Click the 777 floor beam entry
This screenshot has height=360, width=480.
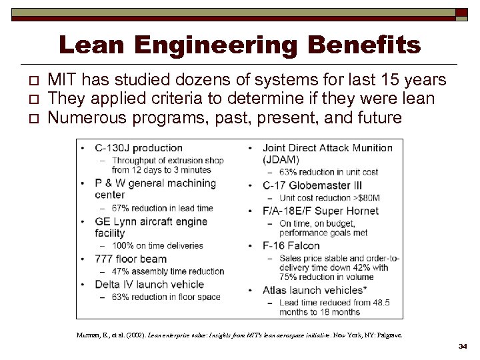pyautogui.click(x=131, y=259)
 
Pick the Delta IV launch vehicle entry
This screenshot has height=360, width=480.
pyautogui.click(x=149, y=284)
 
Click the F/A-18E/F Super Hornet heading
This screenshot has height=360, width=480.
pyautogui.click(x=321, y=211)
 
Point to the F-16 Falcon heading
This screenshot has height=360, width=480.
pyautogui.click(x=291, y=245)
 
